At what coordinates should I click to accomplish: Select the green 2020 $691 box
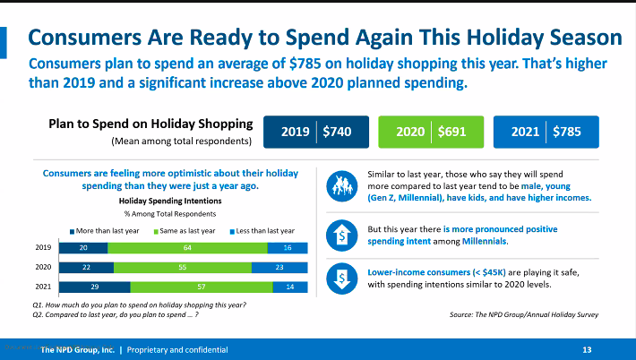tap(423, 132)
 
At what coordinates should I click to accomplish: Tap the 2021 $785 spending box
tap(545, 132)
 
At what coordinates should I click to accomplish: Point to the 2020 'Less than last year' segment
tap(280, 267)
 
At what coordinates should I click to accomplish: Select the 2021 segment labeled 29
tap(94, 287)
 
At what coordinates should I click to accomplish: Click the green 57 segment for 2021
tap(202, 287)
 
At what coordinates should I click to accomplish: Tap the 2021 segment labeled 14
tap(290, 287)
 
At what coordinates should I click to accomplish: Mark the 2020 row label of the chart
tap(42, 267)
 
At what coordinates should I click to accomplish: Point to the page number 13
tap(588, 349)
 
